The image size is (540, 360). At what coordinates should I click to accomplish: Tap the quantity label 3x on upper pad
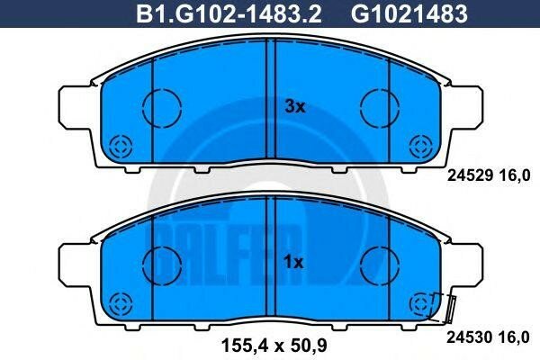[x=295, y=107]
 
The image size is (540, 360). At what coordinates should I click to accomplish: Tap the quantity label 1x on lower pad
[x=295, y=262]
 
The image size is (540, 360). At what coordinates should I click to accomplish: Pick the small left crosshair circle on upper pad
[x=120, y=147]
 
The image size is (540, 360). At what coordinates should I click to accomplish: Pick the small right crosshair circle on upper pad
[x=420, y=147]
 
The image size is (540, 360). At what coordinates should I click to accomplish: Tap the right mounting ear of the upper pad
[x=464, y=108]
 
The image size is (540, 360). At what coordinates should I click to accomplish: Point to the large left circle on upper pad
[x=162, y=105]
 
